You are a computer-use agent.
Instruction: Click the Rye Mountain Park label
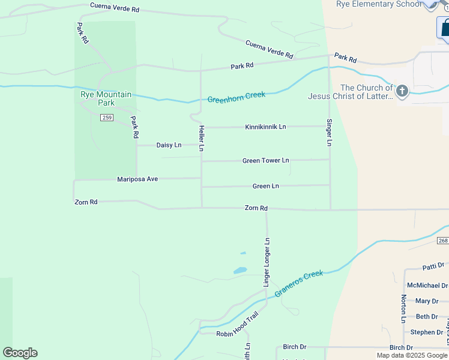[106, 98]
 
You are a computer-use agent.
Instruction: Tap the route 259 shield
[107, 118]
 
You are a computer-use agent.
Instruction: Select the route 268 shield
[442, 241]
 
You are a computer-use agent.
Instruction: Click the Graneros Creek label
[299, 284]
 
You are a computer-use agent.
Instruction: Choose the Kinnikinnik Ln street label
[265, 127]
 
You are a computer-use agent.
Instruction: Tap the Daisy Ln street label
[169, 145]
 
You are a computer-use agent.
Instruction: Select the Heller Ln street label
[202, 138]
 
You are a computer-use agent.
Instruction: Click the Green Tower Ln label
[265, 161]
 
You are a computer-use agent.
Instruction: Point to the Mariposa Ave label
[137, 179]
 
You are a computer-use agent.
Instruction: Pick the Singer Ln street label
[330, 133]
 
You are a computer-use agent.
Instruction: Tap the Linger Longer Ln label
[267, 262]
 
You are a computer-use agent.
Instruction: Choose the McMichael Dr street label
[427, 286]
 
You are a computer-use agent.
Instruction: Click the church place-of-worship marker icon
[402, 91]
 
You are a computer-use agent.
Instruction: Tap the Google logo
[20, 353]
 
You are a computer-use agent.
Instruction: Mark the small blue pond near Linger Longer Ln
[240, 270]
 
